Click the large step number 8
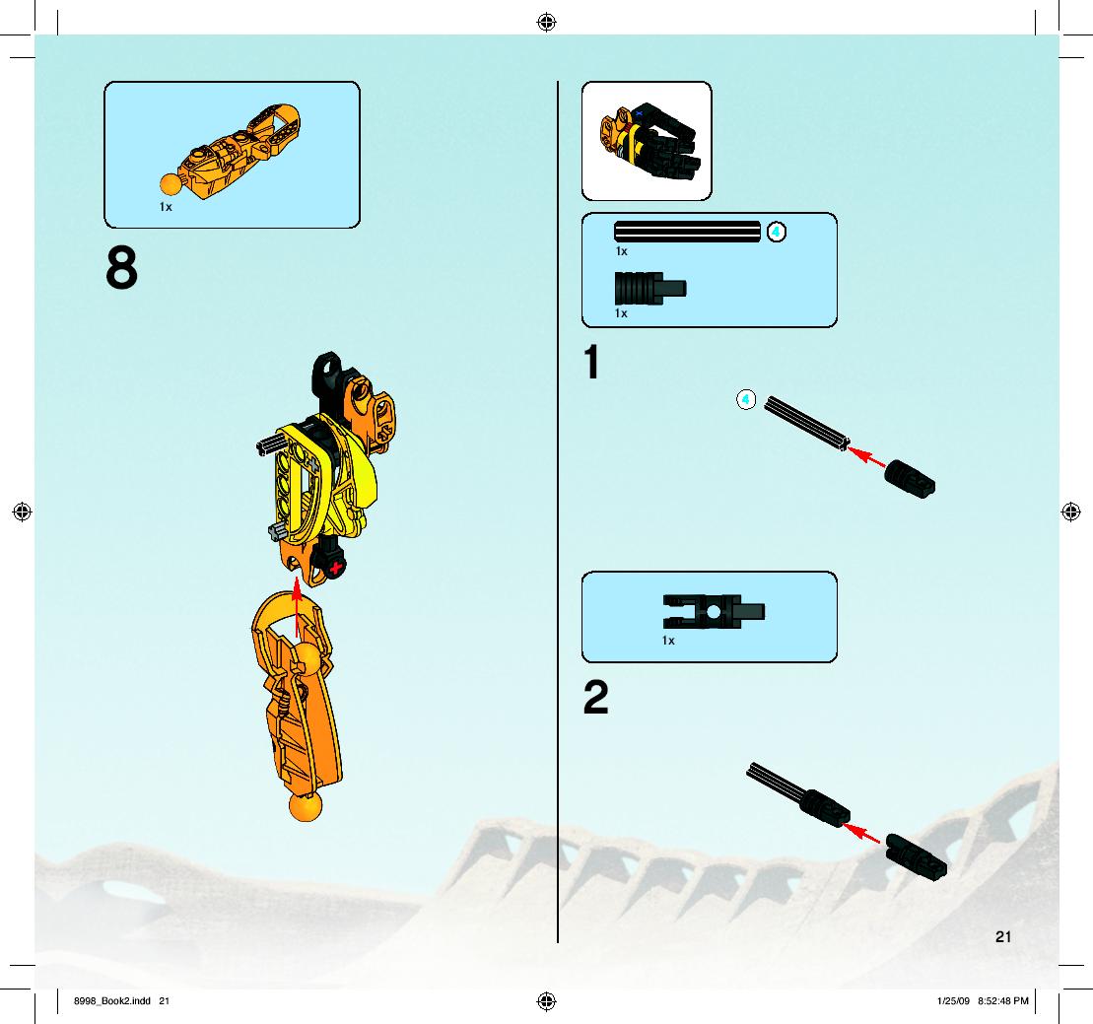pos(122,267)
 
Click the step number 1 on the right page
pos(591,362)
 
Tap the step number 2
pos(596,697)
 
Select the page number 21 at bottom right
pos(1003,937)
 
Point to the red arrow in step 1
pos(866,457)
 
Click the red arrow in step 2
pos(861,832)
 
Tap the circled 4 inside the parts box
pos(777,232)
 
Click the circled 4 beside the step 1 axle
pos(746,399)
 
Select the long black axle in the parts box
pos(687,232)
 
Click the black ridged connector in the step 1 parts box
pos(650,288)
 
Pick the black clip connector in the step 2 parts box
pos(714,612)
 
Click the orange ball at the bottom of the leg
pos(306,806)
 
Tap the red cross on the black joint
pos(337,568)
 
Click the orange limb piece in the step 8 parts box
pos(231,152)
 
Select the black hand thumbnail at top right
pos(649,141)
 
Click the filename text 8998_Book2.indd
pos(112,1001)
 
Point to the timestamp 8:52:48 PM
pos(1003,1001)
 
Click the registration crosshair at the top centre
pos(546,23)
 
